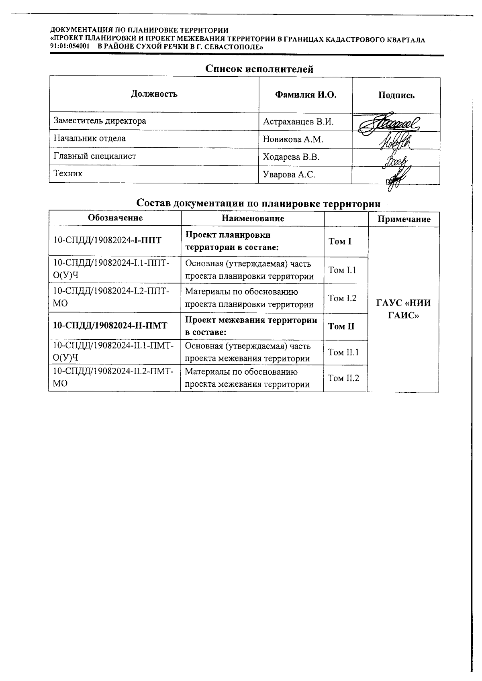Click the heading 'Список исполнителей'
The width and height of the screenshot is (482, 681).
click(259, 69)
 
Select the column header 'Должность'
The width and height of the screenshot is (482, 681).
click(154, 94)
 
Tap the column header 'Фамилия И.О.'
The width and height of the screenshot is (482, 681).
click(305, 95)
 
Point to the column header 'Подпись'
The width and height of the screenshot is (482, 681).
click(396, 96)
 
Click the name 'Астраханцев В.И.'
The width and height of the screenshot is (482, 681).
click(298, 122)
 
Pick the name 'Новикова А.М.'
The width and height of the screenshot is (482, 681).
click(293, 139)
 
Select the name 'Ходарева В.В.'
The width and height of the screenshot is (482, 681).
click(291, 157)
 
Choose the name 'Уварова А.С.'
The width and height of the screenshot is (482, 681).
click(289, 175)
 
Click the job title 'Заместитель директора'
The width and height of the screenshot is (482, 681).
click(100, 121)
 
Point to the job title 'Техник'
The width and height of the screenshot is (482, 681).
click(68, 174)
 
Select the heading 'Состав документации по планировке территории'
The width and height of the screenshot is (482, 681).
click(258, 203)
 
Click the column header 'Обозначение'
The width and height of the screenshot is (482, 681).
click(115, 218)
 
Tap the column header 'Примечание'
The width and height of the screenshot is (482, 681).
click(404, 219)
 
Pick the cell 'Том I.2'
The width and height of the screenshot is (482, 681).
click(342, 298)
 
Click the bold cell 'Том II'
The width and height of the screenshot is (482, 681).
click(341, 326)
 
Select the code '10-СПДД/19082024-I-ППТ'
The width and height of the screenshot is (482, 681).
click(107, 241)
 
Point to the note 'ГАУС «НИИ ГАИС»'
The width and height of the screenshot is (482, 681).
click(403, 309)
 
